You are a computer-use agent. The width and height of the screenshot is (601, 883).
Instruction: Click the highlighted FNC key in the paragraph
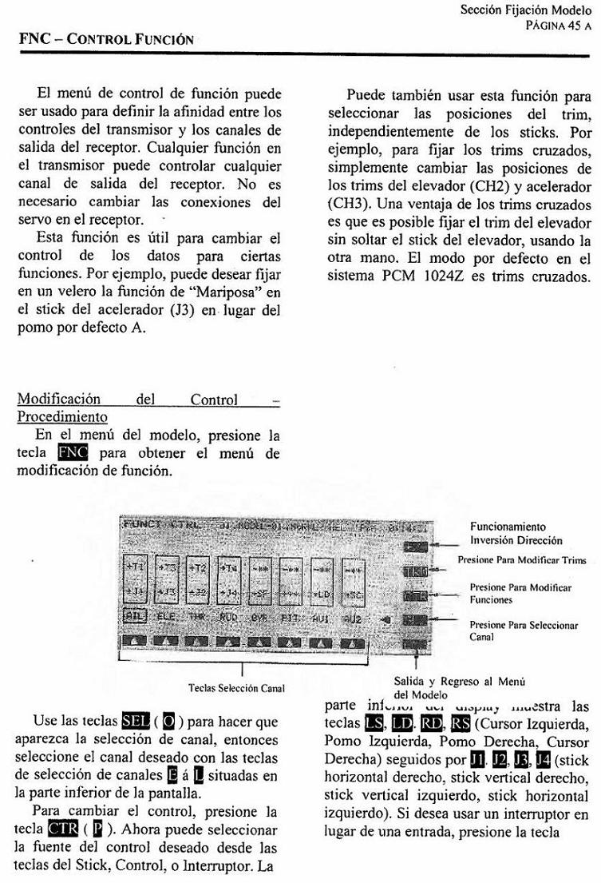pyautogui.click(x=73, y=455)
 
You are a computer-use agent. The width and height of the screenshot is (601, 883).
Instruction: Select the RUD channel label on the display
pyautogui.click(x=228, y=617)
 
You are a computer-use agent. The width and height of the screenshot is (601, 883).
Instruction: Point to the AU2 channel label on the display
pyautogui.click(x=352, y=617)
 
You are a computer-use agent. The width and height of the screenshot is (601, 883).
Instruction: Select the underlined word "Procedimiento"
pyautogui.click(x=62, y=417)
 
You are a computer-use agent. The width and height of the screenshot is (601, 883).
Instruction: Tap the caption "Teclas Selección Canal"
pyautogui.click(x=236, y=688)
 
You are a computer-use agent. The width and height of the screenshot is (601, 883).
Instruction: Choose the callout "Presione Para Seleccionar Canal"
pyautogui.click(x=524, y=630)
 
